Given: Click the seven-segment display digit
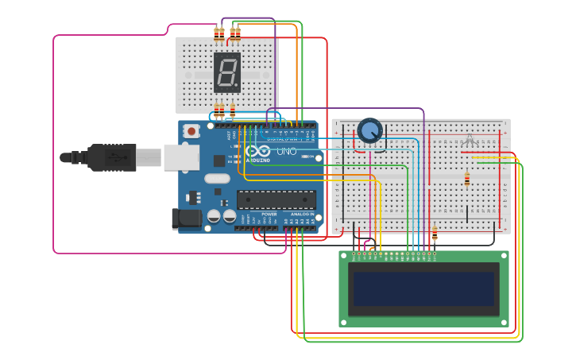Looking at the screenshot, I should [x=226, y=73].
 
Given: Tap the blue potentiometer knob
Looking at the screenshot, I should [x=369, y=130].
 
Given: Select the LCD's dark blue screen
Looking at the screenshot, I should [x=424, y=288].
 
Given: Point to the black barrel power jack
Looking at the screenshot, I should [x=185, y=219].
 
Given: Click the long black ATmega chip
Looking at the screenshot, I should [x=276, y=199].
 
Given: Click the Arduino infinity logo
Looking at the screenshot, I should [x=257, y=151].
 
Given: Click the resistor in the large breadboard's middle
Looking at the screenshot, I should [x=466, y=180].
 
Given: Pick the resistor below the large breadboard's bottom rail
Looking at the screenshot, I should [x=435, y=234].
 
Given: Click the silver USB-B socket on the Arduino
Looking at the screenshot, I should [x=180, y=157].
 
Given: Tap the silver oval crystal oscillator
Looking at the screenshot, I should [x=216, y=179].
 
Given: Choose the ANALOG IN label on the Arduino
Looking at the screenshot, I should [x=303, y=215].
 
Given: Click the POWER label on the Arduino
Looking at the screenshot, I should [x=269, y=215].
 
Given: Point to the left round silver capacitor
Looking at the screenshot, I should [x=214, y=216].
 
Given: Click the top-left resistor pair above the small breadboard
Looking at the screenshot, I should [x=219, y=33].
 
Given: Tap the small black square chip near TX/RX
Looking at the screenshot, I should [x=219, y=161].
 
